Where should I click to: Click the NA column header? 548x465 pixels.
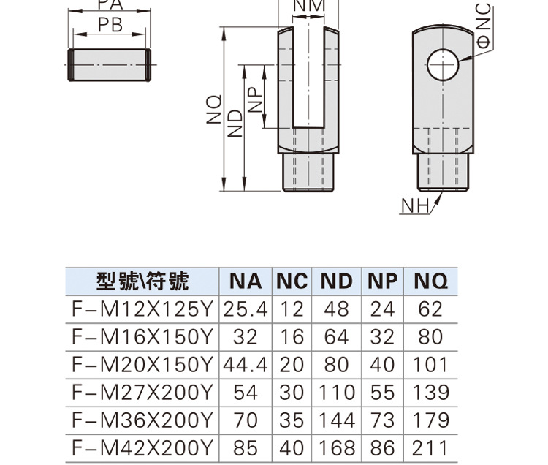click(x=246, y=281)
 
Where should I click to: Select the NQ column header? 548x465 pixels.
click(x=430, y=281)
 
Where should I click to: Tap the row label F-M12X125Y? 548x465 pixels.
click(x=142, y=309)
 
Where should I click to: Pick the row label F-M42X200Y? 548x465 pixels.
click(x=142, y=447)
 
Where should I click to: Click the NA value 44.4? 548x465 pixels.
click(x=246, y=364)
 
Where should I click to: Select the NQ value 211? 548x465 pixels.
click(x=430, y=447)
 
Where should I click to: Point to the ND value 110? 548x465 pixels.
click(x=337, y=393)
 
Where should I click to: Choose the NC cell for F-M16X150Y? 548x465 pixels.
click(x=292, y=337)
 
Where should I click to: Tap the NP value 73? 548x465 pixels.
click(x=382, y=420)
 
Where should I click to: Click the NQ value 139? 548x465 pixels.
click(x=430, y=393)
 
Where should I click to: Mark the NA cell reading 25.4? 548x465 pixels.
click(x=246, y=309)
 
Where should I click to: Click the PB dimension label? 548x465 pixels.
click(x=110, y=26)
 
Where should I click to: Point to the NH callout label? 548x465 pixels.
click(x=414, y=207)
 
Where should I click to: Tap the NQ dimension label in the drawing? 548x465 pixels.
click(x=212, y=110)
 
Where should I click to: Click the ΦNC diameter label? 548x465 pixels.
click(x=484, y=26)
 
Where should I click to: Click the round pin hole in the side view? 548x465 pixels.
click(x=444, y=64)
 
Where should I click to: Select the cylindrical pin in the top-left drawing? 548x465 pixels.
click(x=110, y=65)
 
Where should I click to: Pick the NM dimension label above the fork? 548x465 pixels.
click(x=308, y=6)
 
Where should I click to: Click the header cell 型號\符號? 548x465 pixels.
click(x=142, y=281)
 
